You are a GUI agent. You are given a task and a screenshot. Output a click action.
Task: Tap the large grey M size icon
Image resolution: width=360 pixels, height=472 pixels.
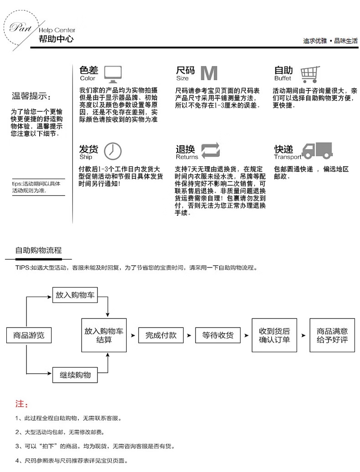(210, 73)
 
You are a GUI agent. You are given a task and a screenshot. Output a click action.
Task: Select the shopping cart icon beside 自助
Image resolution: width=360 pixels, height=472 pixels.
(310, 73)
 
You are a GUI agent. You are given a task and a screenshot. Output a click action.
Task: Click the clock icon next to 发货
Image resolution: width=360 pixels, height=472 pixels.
(113, 151)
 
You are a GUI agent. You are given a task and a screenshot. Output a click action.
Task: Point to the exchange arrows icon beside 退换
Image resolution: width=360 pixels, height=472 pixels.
(211, 150)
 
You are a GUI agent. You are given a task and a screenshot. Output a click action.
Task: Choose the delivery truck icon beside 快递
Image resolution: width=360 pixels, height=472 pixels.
(317, 150)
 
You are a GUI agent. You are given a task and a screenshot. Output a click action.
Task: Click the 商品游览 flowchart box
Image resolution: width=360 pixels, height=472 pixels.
(28, 335)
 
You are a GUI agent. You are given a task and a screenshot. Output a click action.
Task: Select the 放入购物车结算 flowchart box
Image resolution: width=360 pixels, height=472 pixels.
(104, 335)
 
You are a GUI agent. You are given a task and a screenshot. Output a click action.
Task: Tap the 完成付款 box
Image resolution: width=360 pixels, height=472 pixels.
(161, 335)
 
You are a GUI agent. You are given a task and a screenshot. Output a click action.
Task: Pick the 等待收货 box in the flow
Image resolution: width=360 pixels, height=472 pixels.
(218, 335)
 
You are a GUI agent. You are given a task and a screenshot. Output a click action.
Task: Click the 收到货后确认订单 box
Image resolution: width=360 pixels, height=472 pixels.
(274, 335)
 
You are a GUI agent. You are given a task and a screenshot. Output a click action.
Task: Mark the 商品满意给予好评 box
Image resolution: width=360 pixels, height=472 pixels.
(332, 335)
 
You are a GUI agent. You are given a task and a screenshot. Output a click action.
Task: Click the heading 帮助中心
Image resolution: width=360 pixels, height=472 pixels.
(56, 40)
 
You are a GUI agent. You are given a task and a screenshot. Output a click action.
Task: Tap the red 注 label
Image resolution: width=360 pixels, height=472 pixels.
(21, 404)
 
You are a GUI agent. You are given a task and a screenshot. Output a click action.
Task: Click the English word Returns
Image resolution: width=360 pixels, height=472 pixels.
(187, 157)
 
